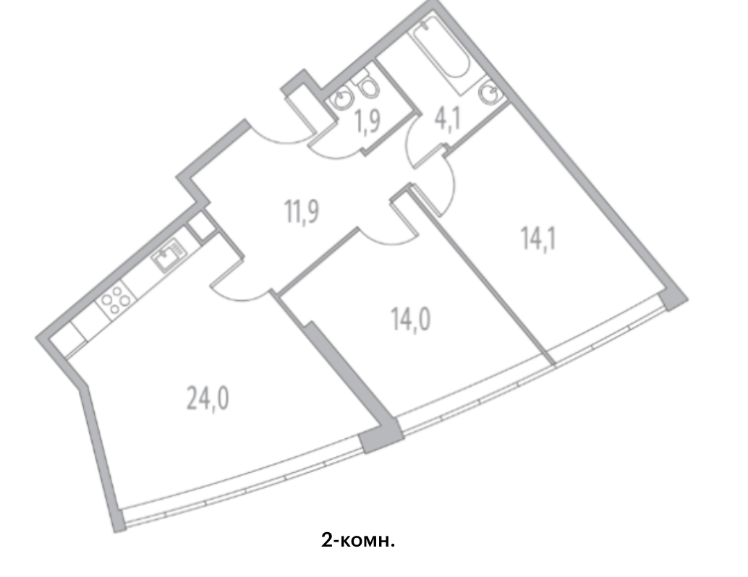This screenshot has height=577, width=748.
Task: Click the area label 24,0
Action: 208,398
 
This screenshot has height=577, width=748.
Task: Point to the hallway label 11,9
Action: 303,213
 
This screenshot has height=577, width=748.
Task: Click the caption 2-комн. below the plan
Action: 359,540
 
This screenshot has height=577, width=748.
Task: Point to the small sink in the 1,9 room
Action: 341,98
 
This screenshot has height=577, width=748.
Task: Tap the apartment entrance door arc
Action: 279,130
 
